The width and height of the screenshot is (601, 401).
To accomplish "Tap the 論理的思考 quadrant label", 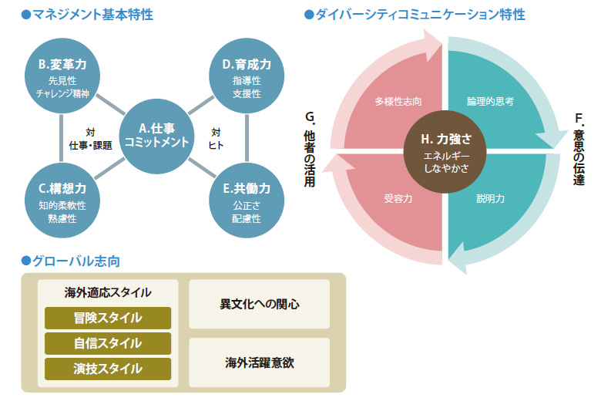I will (x=491, y=101).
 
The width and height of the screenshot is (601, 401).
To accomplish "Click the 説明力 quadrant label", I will (x=491, y=198).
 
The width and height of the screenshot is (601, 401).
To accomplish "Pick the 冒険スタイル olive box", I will (x=108, y=317).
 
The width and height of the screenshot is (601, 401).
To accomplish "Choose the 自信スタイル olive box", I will (x=108, y=342).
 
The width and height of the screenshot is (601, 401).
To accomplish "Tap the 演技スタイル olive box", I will (x=108, y=368).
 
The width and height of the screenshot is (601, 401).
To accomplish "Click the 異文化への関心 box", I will (x=260, y=304).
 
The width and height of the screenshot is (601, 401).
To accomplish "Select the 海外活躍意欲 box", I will (x=260, y=361).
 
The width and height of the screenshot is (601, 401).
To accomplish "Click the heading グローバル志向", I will (x=71, y=261).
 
